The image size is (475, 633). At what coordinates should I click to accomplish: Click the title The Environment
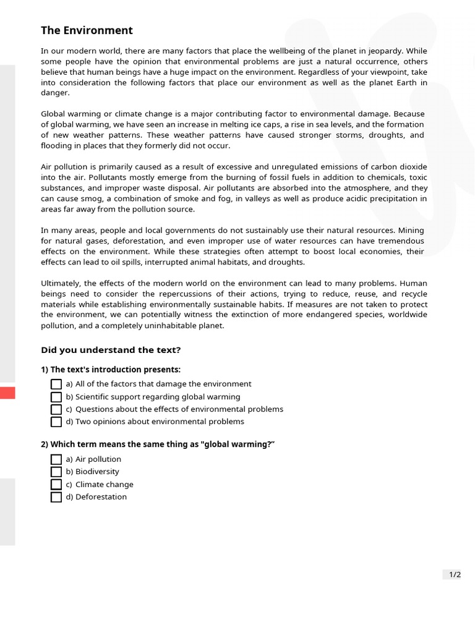click(87, 30)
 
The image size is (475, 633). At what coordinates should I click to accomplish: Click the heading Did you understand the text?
click(111, 350)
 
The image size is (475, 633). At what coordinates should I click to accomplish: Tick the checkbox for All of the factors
click(56, 384)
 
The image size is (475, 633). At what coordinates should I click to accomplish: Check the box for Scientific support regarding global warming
click(56, 397)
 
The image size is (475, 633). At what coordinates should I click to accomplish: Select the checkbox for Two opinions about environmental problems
click(56, 422)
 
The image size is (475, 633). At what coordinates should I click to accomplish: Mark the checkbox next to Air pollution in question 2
click(56, 459)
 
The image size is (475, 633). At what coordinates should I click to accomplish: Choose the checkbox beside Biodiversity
click(56, 472)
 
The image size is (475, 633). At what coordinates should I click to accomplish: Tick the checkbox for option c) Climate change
click(56, 485)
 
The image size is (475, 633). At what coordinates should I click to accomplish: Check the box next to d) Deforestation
click(56, 497)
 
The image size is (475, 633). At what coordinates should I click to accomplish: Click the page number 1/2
click(455, 574)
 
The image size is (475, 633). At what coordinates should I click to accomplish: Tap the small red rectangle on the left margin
click(7, 393)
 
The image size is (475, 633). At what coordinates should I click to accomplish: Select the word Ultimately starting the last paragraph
click(61, 283)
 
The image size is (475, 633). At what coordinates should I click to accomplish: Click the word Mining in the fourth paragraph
click(411, 230)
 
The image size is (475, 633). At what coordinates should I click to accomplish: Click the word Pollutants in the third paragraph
click(90, 177)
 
